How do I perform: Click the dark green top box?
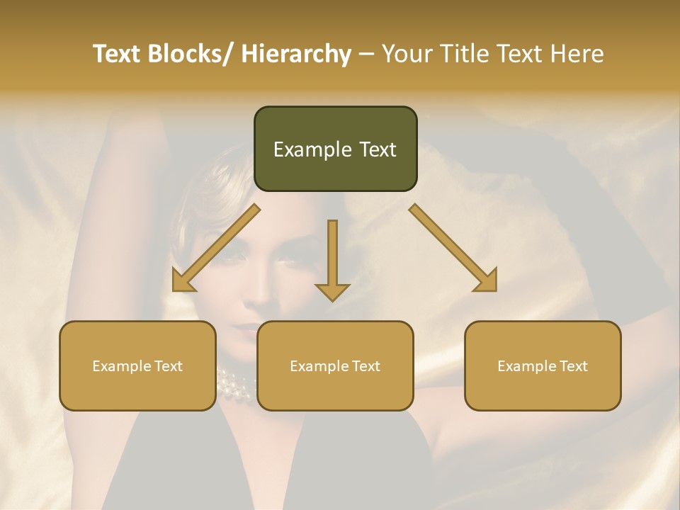click(335, 149)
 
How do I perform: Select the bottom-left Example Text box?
click(137, 365)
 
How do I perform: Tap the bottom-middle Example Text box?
click(335, 365)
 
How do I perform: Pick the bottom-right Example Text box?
click(543, 365)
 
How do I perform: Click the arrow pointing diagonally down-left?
click(215, 249)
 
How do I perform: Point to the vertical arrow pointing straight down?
click(332, 259)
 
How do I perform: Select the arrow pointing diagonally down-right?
click(454, 249)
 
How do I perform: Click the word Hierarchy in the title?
click(296, 54)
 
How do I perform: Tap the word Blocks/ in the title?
click(192, 54)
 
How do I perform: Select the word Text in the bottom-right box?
click(572, 366)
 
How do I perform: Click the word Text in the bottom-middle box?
click(365, 366)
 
